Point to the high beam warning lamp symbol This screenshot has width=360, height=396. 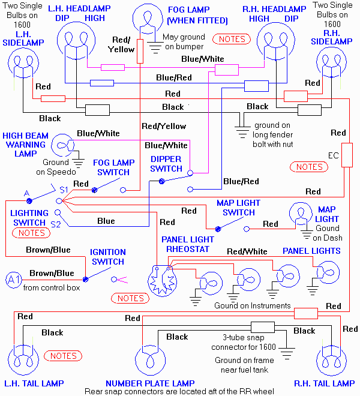point(62,146)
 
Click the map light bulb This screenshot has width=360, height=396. point(302,215)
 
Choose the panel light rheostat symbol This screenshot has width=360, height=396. point(162,280)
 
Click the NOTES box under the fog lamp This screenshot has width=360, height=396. point(232,39)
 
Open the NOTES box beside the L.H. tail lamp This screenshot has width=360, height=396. point(63,356)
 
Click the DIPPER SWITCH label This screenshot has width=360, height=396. point(166,164)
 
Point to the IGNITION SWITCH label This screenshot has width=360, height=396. point(107,257)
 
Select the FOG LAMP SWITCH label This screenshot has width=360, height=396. point(113,167)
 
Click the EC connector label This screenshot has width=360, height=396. point(334,156)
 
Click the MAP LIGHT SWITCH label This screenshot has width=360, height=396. point(239,208)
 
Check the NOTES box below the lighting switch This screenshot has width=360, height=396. point(32,233)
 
